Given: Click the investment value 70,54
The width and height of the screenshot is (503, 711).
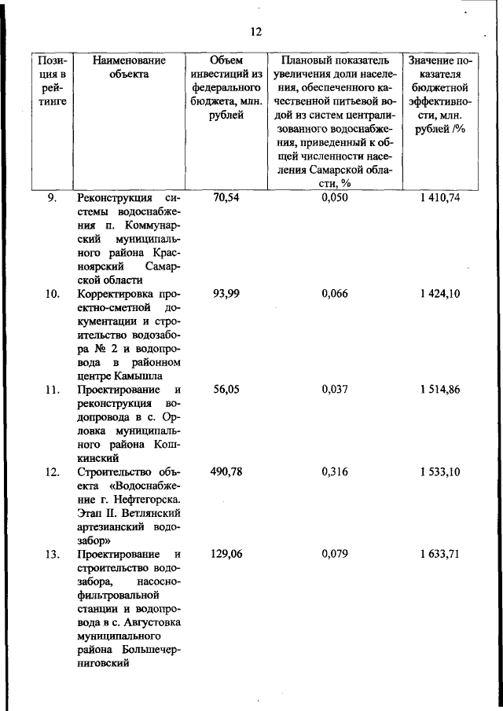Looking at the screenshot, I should click(226, 198).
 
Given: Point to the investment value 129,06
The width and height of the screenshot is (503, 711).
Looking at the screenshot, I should click(226, 554).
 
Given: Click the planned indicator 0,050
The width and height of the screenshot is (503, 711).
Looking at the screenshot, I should click(335, 198).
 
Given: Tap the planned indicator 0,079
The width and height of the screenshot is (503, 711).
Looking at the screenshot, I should click(335, 554).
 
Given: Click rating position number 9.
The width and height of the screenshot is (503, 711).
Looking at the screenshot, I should click(51, 198).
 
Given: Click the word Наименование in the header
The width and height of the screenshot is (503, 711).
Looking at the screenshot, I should click(129, 60).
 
